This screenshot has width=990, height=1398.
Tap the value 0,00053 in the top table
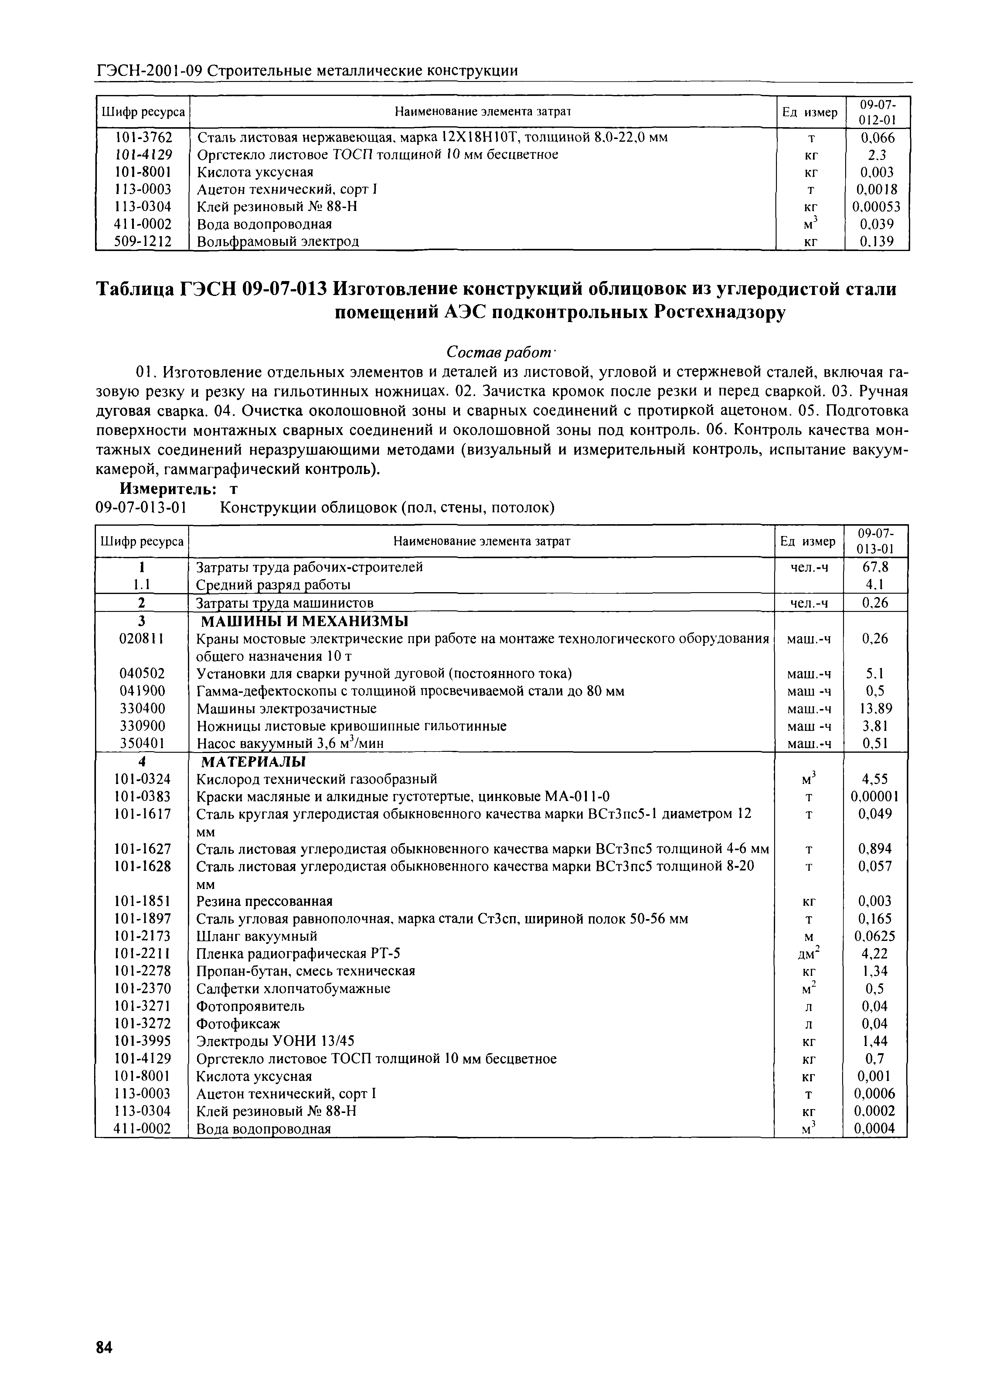pyautogui.click(x=876, y=207)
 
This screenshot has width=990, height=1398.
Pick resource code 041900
pyautogui.click(x=142, y=691)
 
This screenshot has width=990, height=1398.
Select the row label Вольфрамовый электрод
pyautogui.click(x=278, y=242)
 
